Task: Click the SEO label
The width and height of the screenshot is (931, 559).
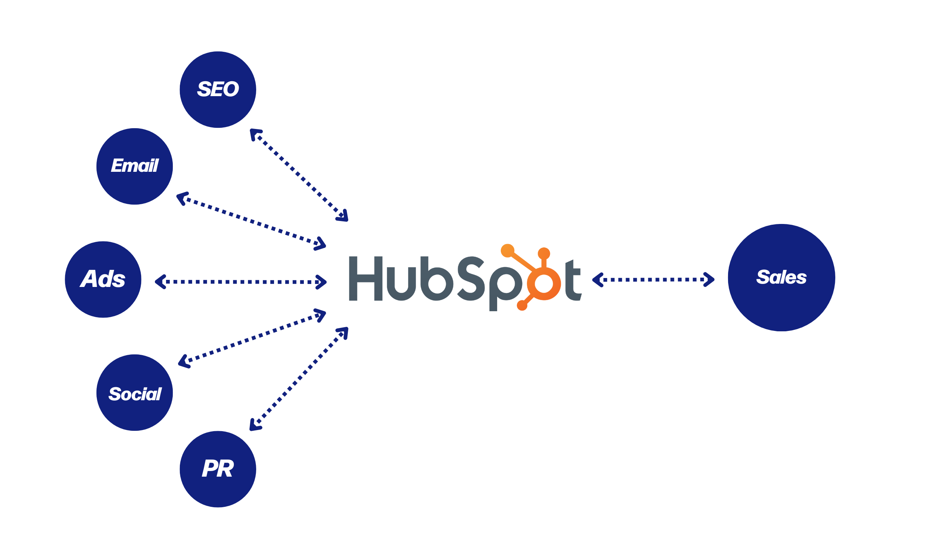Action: (218, 89)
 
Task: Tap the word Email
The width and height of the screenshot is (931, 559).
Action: (135, 166)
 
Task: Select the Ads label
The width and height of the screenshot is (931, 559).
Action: (102, 279)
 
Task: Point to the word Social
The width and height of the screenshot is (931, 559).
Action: (135, 394)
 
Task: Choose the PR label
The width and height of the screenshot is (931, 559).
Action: (217, 469)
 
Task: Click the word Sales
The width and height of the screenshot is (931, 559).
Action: (781, 278)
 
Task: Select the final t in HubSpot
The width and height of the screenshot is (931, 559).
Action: (575, 281)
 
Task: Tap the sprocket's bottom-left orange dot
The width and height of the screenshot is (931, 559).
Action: (521, 306)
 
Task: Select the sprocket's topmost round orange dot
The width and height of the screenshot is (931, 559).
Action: (544, 252)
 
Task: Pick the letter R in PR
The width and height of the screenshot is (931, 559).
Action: (224, 469)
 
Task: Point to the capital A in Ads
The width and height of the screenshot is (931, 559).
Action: (89, 279)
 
